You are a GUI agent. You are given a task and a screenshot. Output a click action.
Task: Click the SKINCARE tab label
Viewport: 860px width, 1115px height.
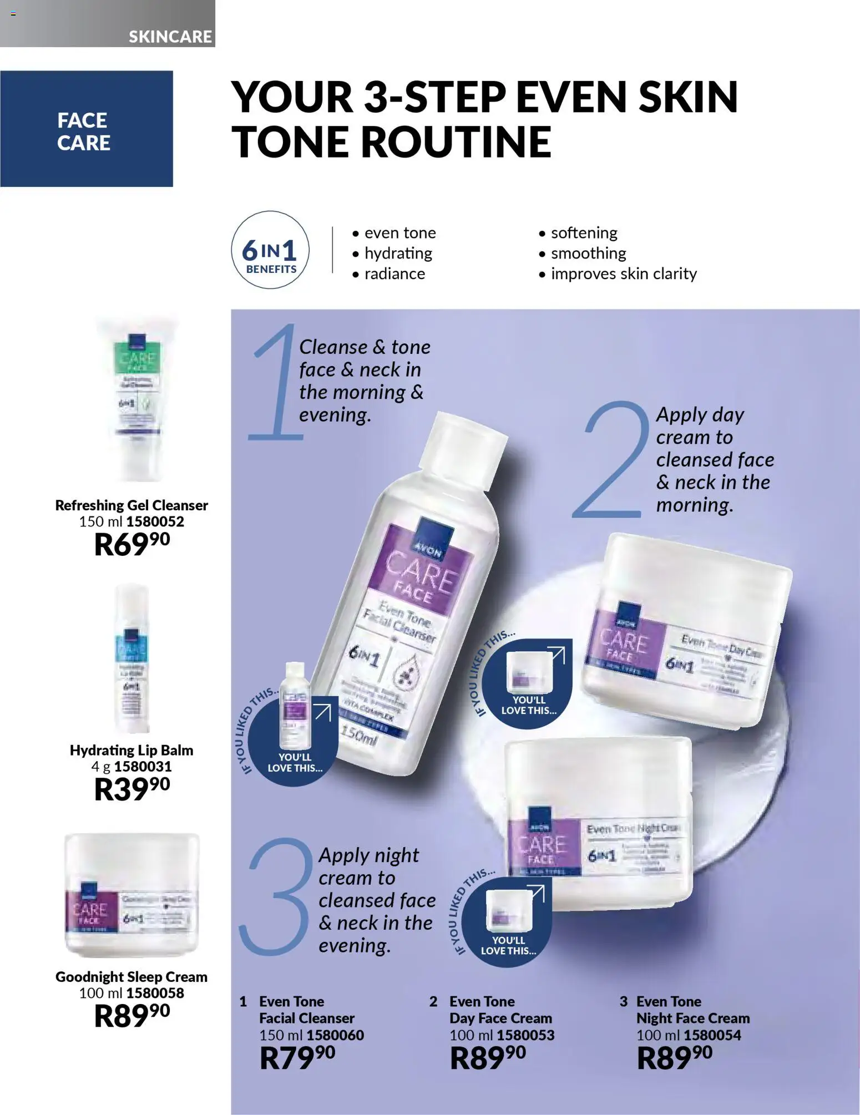click(x=170, y=37)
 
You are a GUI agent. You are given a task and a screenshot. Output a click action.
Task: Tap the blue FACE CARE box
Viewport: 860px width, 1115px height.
click(x=86, y=129)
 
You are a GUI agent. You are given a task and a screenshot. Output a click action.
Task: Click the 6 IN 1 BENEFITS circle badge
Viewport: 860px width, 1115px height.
click(x=270, y=250)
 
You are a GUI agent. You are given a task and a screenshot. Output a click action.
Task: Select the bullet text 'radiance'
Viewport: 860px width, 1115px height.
click(x=394, y=273)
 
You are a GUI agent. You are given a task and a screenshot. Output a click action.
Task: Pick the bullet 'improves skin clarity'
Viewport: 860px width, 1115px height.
click(x=623, y=273)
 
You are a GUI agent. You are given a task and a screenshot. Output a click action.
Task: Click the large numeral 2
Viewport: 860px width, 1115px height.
click(x=610, y=460)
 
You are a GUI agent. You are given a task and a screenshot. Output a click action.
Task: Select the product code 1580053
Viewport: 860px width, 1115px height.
click(x=525, y=1035)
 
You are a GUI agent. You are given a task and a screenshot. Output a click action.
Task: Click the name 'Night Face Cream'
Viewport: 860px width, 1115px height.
click(x=692, y=1018)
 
